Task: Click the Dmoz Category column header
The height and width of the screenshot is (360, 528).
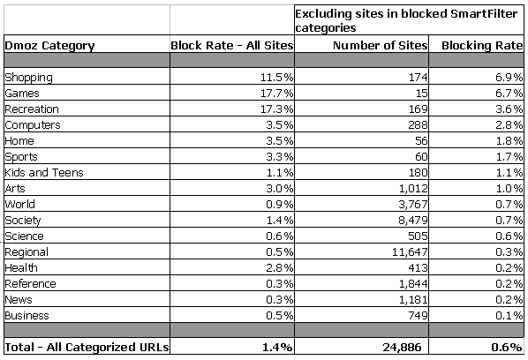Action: pos(49,46)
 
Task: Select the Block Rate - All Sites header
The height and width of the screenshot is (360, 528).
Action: pos(232,45)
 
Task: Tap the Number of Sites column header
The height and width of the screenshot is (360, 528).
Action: pos(381,45)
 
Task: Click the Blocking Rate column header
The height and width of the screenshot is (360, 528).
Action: pos(482,45)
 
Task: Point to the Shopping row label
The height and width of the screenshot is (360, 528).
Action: pos(28,78)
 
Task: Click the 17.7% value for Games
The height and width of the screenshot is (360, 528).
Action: pos(276,93)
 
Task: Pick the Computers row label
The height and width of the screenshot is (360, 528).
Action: pos(33,125)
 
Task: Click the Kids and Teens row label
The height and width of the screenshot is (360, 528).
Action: pos(44,172)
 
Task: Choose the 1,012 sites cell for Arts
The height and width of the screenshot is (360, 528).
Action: pos(413,189)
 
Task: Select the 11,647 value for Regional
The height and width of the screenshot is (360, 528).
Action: pos(410,252)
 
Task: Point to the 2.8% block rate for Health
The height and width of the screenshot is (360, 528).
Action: pos(279,267)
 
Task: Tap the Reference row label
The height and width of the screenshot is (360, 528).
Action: pos(30,283)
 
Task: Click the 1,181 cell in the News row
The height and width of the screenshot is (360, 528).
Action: pos(413,299)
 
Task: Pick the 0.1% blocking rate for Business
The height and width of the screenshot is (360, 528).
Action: pos(509,315)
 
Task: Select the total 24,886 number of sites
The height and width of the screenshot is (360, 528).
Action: pos(402,347)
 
